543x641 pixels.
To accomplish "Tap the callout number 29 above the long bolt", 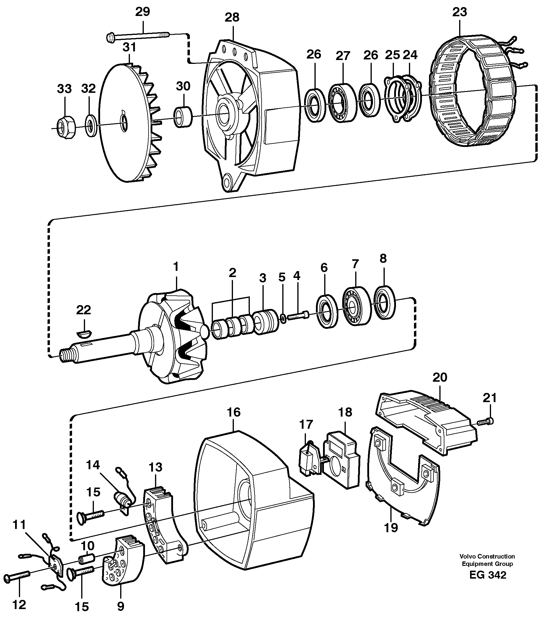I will [x=143, y=12].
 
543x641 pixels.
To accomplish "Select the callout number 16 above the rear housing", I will [x=234, y=412].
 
